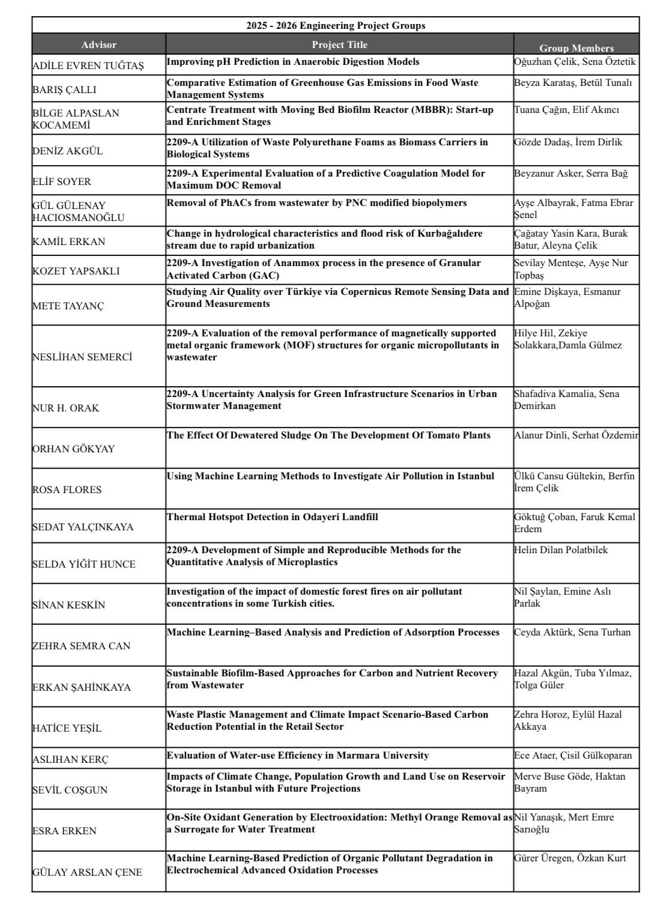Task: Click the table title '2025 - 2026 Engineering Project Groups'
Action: (336, 25)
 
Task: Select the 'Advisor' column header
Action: (99, 44)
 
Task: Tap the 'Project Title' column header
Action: (339, 44)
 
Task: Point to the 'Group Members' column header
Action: (577, 48)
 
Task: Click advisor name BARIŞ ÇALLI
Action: (64, 90)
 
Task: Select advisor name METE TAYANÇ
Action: (68, 306)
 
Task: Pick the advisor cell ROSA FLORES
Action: (67, 490)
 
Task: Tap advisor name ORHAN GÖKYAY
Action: (73, 449)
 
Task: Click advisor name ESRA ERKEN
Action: (64, 831)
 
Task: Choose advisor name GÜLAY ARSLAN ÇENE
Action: (87, 872)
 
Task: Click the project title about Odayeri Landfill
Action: (272, 517)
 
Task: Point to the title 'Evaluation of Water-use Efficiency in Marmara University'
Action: (297, 755)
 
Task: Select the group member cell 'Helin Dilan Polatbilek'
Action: (561, 550)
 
